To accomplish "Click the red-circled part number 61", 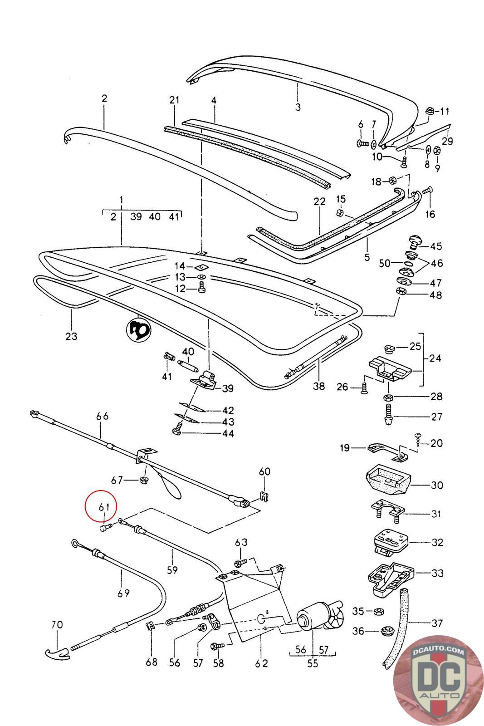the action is pos(104,506).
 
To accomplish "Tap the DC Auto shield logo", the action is pos(438,681).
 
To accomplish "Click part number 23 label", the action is pos(71,336).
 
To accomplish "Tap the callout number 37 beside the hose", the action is pos(437,623).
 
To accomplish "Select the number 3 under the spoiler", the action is pos(298,107).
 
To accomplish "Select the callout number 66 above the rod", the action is pos(103,416).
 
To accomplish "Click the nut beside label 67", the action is pos(142,480).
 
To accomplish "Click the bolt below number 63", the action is pos(241,562).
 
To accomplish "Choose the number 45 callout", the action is pos(436,246).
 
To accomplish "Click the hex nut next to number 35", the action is pos(379,612).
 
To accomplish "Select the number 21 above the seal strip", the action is pos(174,100).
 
